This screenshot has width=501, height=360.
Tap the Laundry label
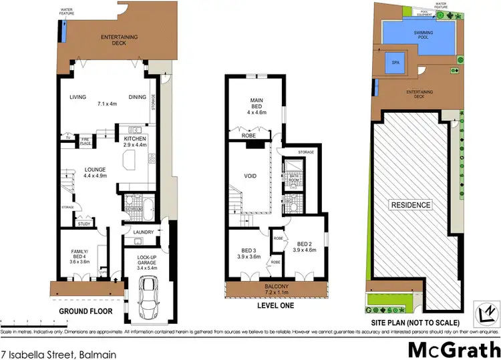click(x=143, y=232)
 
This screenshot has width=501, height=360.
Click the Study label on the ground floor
click(x=84, y=224)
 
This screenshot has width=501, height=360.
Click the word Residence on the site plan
click(x=411, y=205)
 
